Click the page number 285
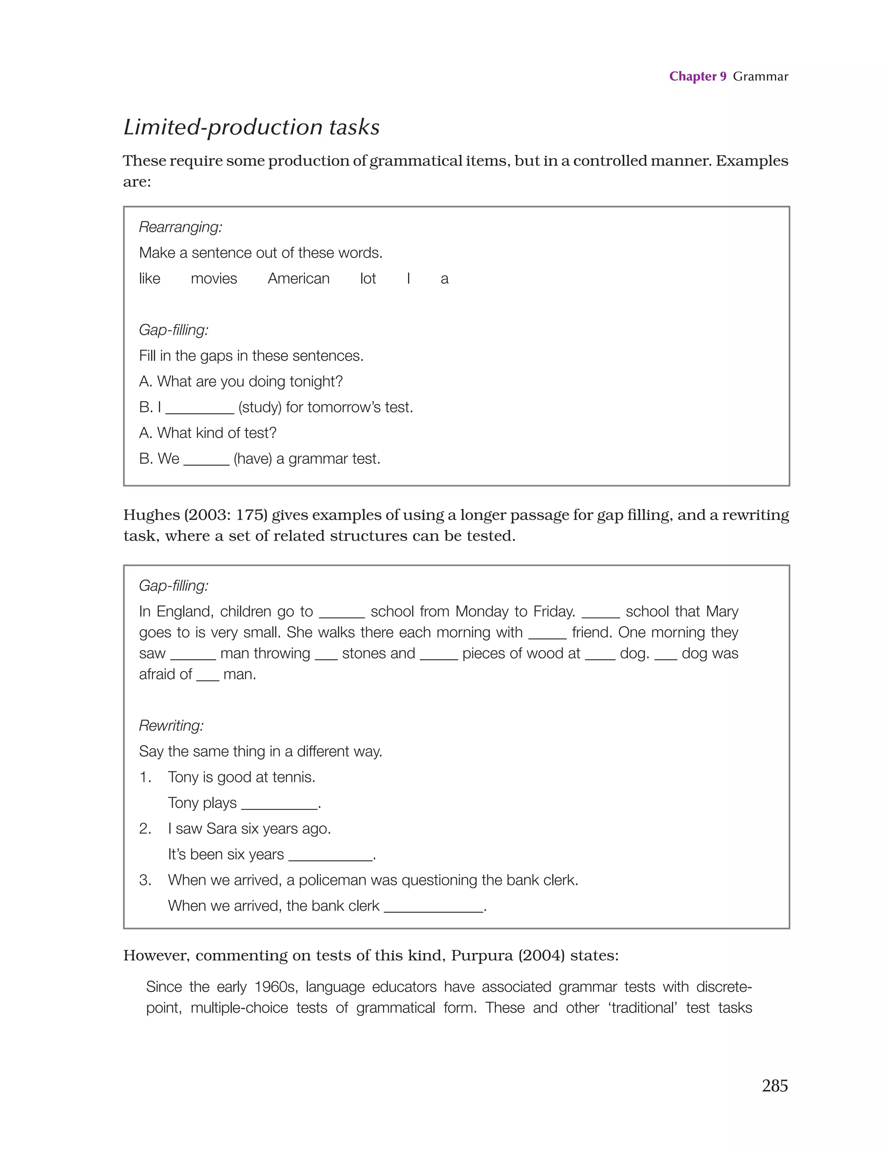774,1085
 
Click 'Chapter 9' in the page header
697,76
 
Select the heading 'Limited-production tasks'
251,127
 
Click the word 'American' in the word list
298,278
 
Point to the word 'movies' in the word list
214,278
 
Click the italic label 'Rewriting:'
171,726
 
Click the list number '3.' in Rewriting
145,880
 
